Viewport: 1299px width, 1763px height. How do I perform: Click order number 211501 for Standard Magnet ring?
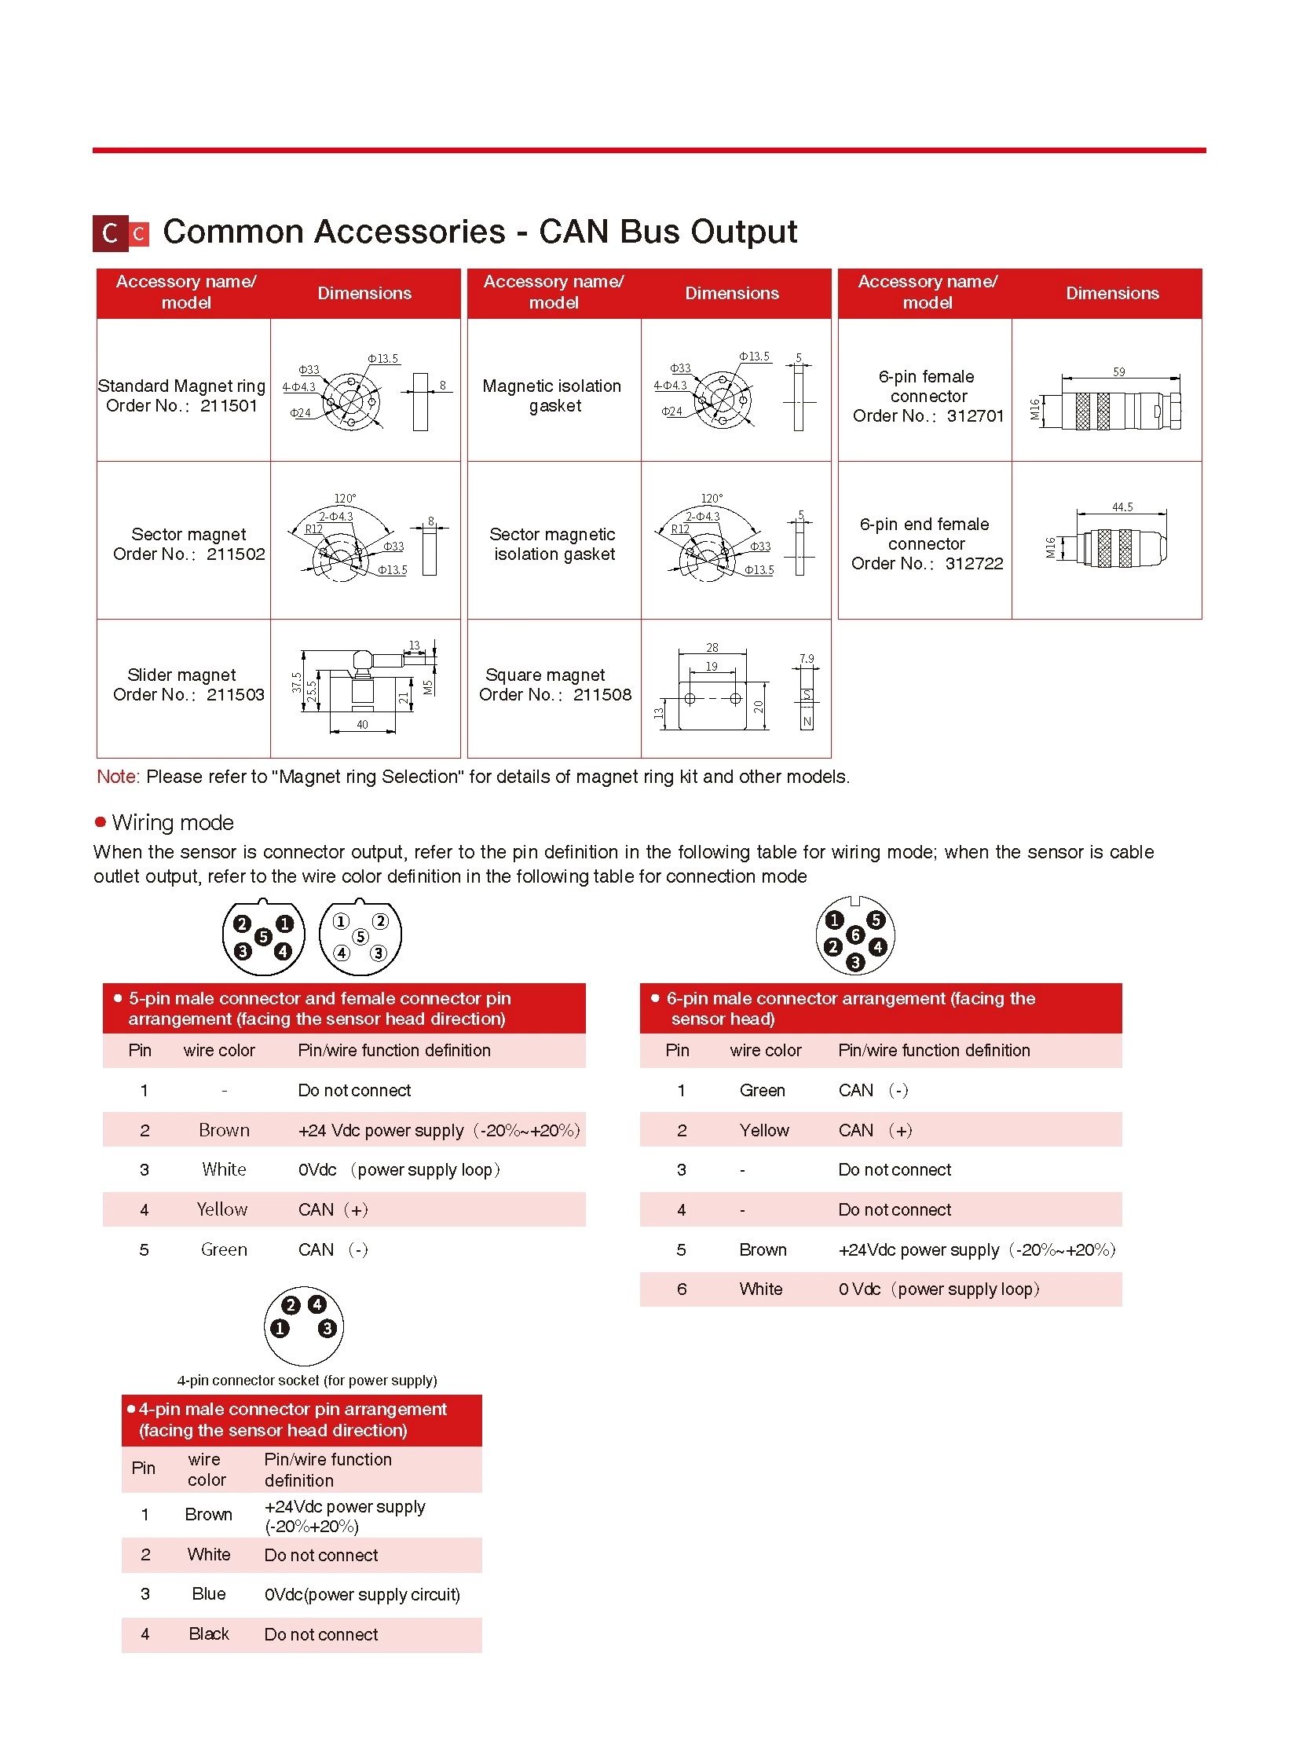[x=229, y=406]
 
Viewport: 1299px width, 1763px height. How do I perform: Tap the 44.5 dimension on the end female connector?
[x=1122, y=507]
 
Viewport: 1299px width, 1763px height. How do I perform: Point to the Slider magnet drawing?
[x=366, y=688]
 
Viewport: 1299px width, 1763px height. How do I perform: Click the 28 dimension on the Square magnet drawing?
[x=712, y=648]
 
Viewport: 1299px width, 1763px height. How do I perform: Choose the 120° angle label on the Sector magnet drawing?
[x=345, y=499]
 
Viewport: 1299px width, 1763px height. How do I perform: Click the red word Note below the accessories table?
[x=117, y=777]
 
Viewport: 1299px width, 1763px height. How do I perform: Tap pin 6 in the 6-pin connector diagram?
[x=855, y=935]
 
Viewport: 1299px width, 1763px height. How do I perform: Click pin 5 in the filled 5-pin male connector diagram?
[x=263, y=937]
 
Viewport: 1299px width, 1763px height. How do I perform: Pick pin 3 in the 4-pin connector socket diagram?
[x=327, y=1328]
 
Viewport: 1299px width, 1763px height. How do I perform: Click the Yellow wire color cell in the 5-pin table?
[x=222, y=1209]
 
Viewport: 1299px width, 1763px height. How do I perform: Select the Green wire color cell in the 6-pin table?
[x=762, y=1091]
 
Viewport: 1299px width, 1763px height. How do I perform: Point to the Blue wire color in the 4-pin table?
[x=208, y=1594]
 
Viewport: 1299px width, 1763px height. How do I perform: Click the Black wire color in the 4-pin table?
[x=208, y=1634]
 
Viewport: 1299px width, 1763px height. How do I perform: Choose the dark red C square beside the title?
[x=110, y=233]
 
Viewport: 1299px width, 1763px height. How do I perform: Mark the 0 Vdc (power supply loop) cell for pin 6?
[x=939, y=1289]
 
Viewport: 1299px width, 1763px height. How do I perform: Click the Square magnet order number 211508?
[x=602, y=695]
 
